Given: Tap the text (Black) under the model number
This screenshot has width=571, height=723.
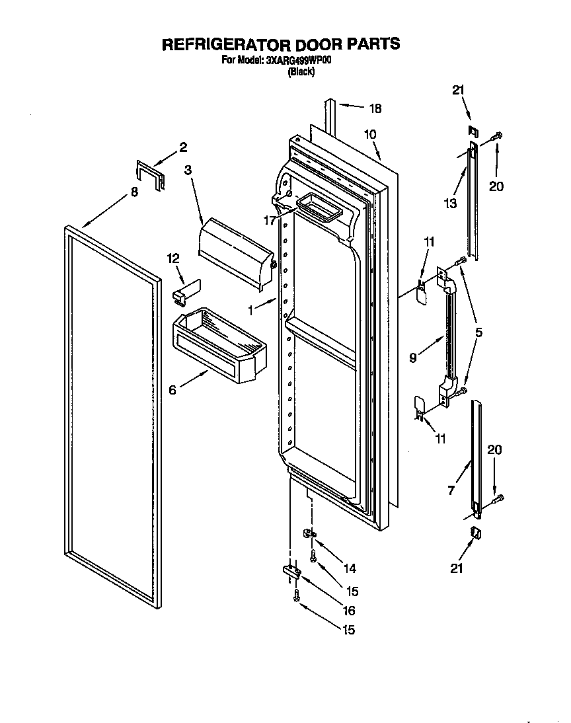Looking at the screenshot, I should [301, 71].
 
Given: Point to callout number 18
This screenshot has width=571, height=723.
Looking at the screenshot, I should [375, 108].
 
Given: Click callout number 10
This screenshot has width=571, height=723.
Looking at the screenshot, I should [369, 134].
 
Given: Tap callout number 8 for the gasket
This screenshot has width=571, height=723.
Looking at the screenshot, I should [134, 192].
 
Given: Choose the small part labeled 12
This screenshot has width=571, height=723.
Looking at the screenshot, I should [186, 291].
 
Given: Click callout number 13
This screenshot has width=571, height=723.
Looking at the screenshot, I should [450, 204].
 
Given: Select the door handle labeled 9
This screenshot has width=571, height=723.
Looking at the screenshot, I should [449, 337].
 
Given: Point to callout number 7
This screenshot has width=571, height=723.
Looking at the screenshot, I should [451, 490].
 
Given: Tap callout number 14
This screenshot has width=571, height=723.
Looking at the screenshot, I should [349, 568].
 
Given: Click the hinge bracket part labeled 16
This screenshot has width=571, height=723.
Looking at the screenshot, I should [291, 571].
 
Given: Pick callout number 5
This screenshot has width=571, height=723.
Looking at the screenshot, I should [478, 333].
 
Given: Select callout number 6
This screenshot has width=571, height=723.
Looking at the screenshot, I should [172, 390].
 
